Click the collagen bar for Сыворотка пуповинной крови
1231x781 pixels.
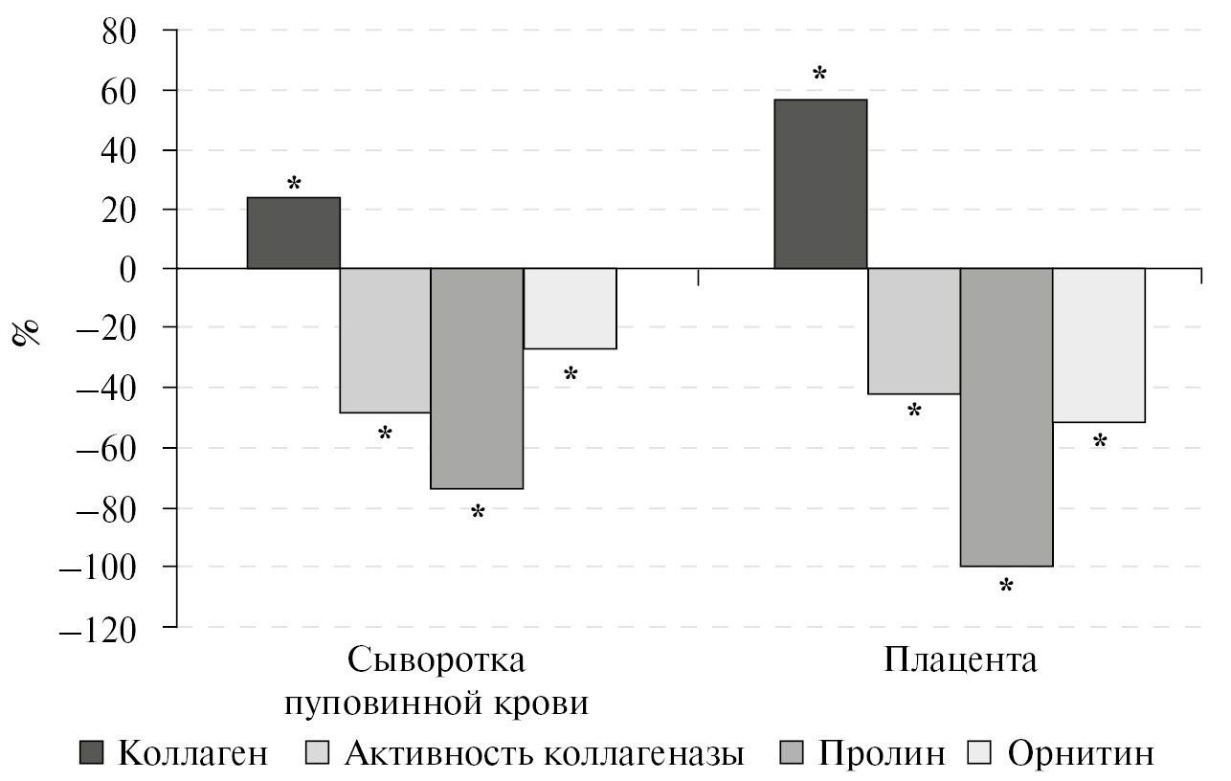[x=293, y=233]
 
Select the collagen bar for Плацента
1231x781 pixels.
[x=819, y=184]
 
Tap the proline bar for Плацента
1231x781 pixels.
[x=1006, y=417]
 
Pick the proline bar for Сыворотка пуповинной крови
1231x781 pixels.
[x=477, y=379]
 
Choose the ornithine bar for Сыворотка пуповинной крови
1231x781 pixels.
[x=570, y=309]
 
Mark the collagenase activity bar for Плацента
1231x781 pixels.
[x=913, y=331]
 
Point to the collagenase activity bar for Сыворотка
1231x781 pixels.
[x=385, y=341]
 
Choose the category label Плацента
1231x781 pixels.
[x=960, y=660]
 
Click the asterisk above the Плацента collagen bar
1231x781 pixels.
[x=819, y=75]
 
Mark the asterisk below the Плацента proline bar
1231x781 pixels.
[x=1006, y=586]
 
